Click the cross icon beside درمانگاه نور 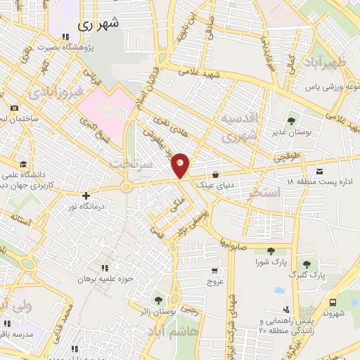point(86,195)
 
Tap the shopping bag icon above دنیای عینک point(215,174)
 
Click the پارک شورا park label point(271,262)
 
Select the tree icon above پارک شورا point(271,251)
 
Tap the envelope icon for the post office point(320,171)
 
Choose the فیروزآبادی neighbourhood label point(58,91)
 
